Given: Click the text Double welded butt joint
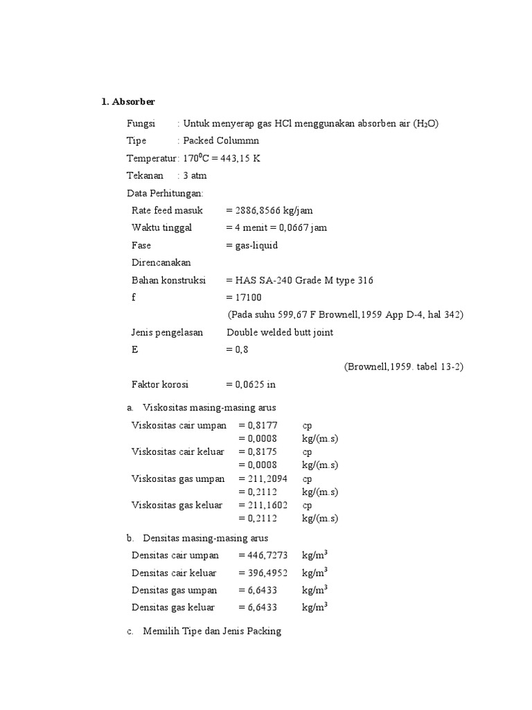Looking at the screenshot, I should (x=280, y=332).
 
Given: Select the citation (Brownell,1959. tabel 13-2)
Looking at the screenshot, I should (x=404, y=367).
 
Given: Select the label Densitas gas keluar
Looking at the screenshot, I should (x=173, y=607).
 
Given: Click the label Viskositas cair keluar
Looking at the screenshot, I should (x=178, y=452).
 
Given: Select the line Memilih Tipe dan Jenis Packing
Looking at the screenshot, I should (x=212, y=632).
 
